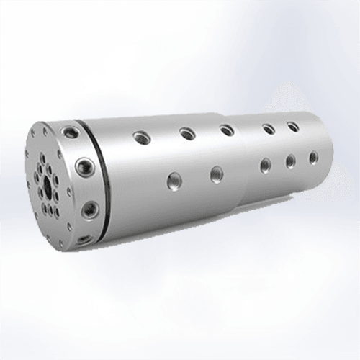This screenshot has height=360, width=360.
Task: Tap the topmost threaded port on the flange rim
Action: (71, 132)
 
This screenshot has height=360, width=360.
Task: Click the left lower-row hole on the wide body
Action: (173, 181)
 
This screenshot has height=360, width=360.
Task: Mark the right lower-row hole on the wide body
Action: (216, 174)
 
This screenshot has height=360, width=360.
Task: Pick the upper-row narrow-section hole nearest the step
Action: (269, 130)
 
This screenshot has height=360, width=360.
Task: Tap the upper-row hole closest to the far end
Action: (293, 127)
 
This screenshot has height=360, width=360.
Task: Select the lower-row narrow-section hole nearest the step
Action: (266, 165)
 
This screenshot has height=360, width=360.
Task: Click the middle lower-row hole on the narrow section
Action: (290, 161)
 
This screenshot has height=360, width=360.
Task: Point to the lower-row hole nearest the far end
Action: (313, 156)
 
